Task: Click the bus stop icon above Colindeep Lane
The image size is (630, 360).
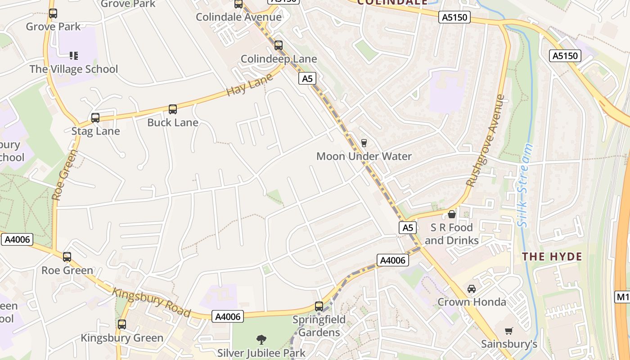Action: (x=279, y=45)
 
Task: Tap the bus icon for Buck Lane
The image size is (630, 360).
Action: (x=173, y=109)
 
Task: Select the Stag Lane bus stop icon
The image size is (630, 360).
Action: (x=95, y=118)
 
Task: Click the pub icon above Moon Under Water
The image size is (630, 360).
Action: (x=364, y=143)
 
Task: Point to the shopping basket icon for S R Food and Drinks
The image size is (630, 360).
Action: (x=452, y=214)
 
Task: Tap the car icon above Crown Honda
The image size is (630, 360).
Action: (x=472, y=289)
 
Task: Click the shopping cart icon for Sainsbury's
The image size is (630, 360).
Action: (x=509, y=331)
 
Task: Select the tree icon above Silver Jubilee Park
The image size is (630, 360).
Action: (x=261, y=339)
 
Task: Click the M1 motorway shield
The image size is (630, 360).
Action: (x=622, y=297)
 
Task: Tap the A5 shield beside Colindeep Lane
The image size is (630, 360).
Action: (x=307, y=79)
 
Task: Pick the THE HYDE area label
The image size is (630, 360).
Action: (x=552, y=257)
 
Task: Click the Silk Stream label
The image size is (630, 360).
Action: (x=525, y=185)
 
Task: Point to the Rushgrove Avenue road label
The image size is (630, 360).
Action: (x=486, y=140)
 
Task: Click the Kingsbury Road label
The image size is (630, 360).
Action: (x=151, y=302)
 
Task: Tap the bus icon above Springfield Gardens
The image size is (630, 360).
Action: (x=319, y=306)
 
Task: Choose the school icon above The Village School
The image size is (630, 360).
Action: (x=74, y=56)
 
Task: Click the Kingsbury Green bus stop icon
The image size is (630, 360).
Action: (x=122, y=324)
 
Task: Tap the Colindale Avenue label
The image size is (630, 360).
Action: (x=238, y=18)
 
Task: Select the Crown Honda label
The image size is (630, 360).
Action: (x=472, y=302)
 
